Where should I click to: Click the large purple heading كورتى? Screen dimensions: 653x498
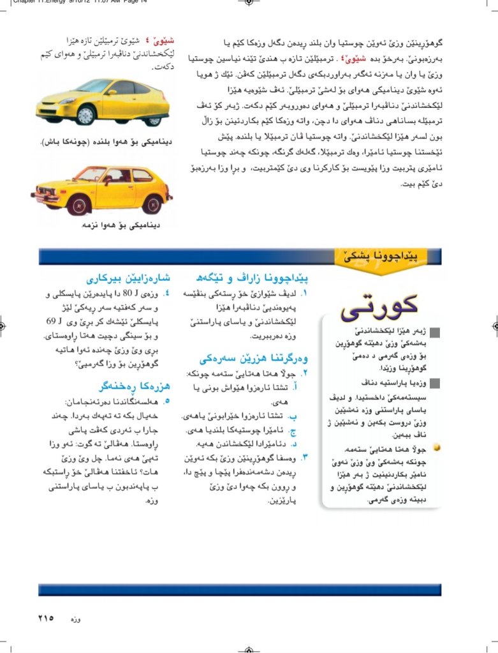point(380,308)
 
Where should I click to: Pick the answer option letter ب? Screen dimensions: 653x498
point(293,416)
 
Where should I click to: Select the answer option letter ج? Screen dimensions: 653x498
point(293,430)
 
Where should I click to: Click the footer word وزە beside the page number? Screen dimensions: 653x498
point(75,619)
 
